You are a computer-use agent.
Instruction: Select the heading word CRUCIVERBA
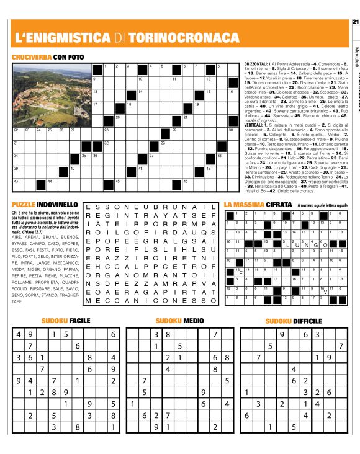32,57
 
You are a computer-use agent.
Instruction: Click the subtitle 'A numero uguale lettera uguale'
322,205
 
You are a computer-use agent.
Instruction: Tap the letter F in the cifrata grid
240,274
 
